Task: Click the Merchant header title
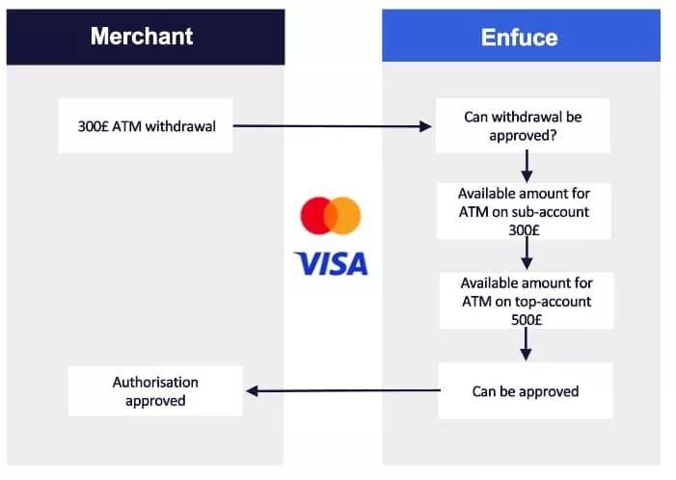[x=142, y=37]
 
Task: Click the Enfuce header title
[x=519, y=38]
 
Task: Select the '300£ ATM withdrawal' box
[x=145, y=125]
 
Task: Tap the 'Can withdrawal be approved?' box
[x=523, y=125]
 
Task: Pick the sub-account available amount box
[x=524, y=211]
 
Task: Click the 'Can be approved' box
[x=525, y=390]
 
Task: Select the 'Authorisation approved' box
[x=154, y=390]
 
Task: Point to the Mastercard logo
[x=330, y=216]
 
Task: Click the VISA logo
[x=331, y=262]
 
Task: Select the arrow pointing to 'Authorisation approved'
[x=342, y=390]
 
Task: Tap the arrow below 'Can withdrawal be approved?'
[x=527, y=167]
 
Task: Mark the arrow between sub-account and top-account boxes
[x=527, y=255]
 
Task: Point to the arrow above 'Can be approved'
[x=527, y=344]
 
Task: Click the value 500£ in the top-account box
[x=525, y=320]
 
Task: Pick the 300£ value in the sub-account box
[x=524, y=229]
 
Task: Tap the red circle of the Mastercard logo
[x=316, y=216]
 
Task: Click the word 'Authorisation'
[x=155, y=382]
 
